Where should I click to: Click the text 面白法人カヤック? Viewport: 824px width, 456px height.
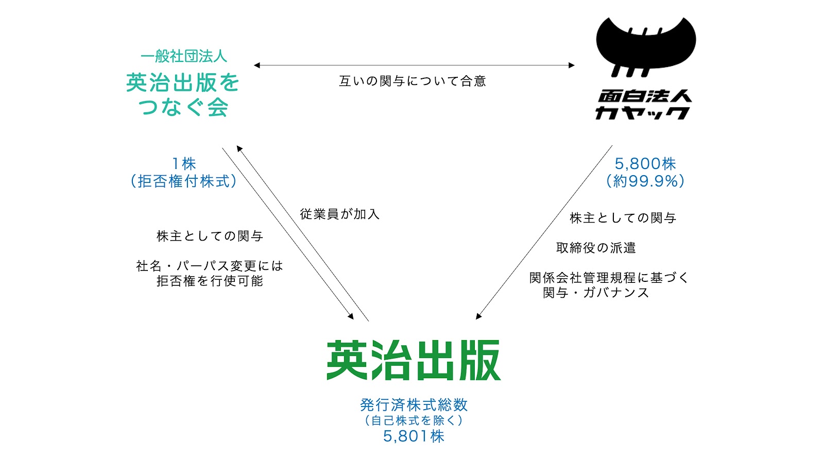tap(644, 105)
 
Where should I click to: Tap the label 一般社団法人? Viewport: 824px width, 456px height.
tap(183, 56)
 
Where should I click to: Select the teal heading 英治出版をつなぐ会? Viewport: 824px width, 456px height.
tap(183, 95)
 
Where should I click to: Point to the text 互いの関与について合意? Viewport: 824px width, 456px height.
tap(413, 81)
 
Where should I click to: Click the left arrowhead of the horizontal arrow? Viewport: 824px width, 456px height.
tap(257, 65)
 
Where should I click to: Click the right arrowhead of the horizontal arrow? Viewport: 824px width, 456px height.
tap(571, 65)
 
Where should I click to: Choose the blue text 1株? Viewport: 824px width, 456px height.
tap(184, 163)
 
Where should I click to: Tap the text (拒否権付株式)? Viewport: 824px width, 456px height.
tap(183, 181)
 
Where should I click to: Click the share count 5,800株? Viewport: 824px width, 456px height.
tap(645, 164)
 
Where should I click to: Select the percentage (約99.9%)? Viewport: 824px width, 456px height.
tap(645, 181)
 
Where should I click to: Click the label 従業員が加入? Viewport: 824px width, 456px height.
tap(339, 214)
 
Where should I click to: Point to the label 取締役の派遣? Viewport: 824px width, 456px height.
tap(596, 248)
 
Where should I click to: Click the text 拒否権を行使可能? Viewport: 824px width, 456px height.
tap(210, 281)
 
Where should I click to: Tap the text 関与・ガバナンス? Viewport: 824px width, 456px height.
tap(596, 293)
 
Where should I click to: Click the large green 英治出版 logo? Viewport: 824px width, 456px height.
tap(414, 360)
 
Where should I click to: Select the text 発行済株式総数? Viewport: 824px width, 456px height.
tap(414, 405)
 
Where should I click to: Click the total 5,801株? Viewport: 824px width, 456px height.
tap(414, 436)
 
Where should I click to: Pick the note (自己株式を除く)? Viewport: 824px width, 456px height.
tap(414, 420)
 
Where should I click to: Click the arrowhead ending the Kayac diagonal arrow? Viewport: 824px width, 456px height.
tap(478, 316)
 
